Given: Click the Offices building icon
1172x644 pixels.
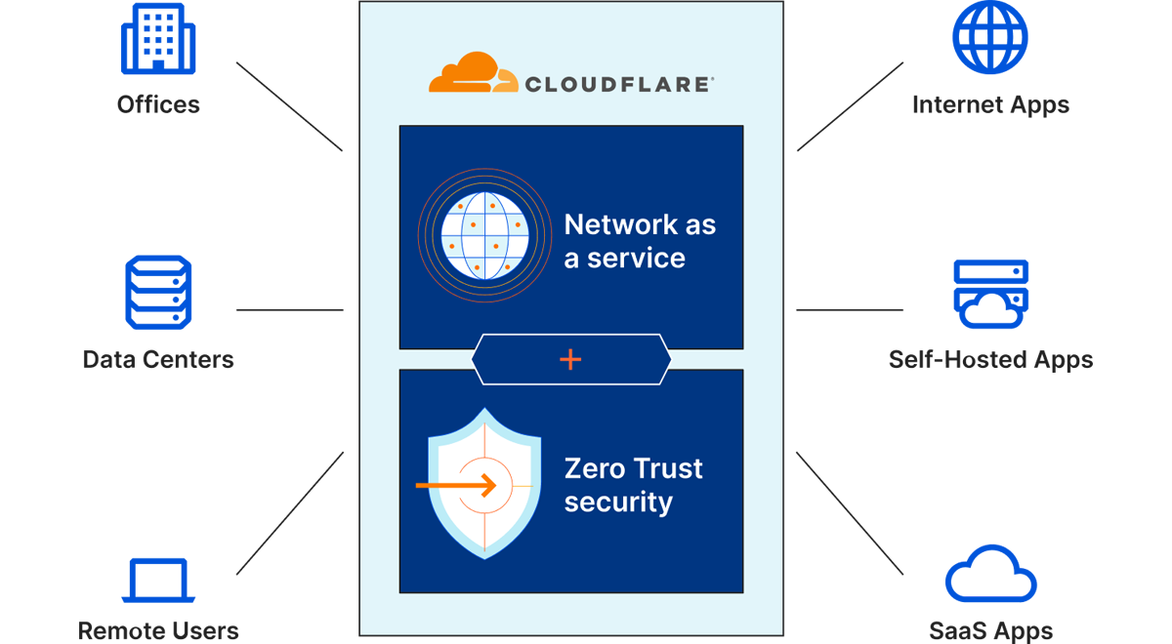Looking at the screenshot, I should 158,39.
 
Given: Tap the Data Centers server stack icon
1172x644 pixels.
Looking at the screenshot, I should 158,293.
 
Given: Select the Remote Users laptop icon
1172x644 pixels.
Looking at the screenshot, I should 158,581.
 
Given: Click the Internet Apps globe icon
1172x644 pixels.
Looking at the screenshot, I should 990,37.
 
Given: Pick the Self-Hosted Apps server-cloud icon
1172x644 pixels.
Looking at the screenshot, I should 990,294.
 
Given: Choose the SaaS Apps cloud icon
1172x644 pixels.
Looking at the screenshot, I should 990,576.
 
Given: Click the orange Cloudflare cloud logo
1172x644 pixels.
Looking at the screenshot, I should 472,73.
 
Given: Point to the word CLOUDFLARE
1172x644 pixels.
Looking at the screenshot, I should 619,84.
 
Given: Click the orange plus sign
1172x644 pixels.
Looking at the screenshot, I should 570,360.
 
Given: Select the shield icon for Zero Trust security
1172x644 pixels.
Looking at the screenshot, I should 484,484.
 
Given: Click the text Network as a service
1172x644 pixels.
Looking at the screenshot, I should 640,241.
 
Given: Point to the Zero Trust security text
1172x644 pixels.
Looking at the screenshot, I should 633,485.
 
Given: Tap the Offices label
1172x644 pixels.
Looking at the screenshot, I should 158,104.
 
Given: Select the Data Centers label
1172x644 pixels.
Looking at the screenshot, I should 158,359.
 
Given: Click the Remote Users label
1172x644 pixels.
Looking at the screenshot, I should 158,630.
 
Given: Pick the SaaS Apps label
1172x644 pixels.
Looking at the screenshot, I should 990,630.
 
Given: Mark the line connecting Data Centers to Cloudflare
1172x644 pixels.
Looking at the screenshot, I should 289,310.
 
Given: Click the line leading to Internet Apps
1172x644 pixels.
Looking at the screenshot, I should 850,107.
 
